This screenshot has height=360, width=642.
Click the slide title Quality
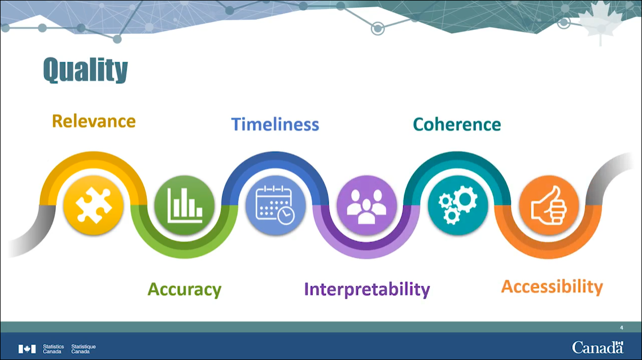point(85,70)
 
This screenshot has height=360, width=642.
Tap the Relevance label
point(94,121)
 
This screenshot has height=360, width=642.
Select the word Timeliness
point(275,124)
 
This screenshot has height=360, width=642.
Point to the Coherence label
point(457,124)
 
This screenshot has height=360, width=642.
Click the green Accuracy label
point(184,289)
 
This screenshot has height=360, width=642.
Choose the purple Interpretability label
point(367,289)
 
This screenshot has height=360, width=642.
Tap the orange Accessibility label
point(552,287)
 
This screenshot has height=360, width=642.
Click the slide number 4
point(622,328)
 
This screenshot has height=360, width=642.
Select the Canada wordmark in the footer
point(598,348)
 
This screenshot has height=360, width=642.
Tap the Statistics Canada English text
point(53,349)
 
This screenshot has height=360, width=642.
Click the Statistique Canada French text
point(84,349)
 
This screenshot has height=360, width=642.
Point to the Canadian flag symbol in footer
point(27,349)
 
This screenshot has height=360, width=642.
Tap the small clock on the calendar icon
point(285,215)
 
